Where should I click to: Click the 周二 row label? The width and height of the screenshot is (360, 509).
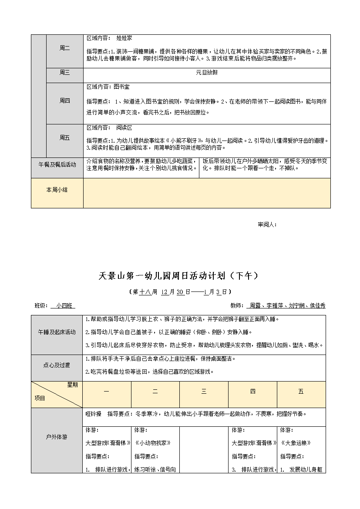[x=64, y=48]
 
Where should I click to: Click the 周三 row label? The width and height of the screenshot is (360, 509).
[x=64, y=73]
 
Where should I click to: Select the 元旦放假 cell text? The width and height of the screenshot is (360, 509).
[x=207, y=73]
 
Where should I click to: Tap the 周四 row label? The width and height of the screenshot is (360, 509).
[x=64, y=101]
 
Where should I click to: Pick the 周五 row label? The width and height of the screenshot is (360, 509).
[x=64, y=137]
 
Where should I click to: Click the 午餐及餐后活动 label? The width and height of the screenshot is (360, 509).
[x=57, y=164]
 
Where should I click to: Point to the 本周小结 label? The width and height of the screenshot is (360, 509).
[x=57, y=190]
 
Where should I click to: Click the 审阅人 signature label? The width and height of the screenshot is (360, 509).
[x=267, y=225]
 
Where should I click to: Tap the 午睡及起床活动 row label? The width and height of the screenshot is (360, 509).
[x=57, y=332]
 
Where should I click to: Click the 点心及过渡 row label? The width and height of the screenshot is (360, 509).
[x=57, y=365]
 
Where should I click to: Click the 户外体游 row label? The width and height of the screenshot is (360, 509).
[x=57, y=436]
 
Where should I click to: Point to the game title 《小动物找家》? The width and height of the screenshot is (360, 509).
[x=152, y=443]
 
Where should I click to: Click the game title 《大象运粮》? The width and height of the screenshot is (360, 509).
[x=296, y=443]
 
